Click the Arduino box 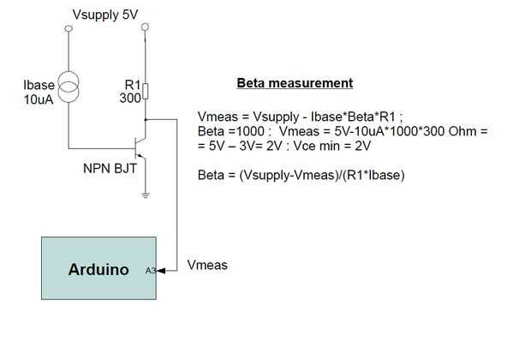[x=98, y=268]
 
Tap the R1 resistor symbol [x=146, y=91]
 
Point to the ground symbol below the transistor [x=146, y=196]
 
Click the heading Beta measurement [x=295, y=84]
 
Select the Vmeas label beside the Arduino [x=207, y=265]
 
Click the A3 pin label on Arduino [x=150, y=271]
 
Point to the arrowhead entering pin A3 [x=163, y=271]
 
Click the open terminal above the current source [x=69, y=28]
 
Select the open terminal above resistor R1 [x=146, y=28]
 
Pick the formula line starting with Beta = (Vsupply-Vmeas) [x=301, y=175]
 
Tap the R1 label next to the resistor [x=131, y=86]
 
